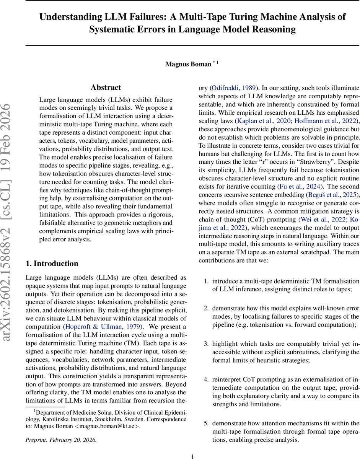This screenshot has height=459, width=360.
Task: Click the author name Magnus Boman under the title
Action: [x=188, y=64]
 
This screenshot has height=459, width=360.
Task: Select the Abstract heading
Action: [x=106, y=88]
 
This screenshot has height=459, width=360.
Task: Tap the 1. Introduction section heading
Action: [x=52, y=253]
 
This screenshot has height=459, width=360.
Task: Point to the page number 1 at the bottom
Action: [x=192, y=456]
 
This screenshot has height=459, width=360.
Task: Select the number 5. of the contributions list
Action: [x=206, y=423]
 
